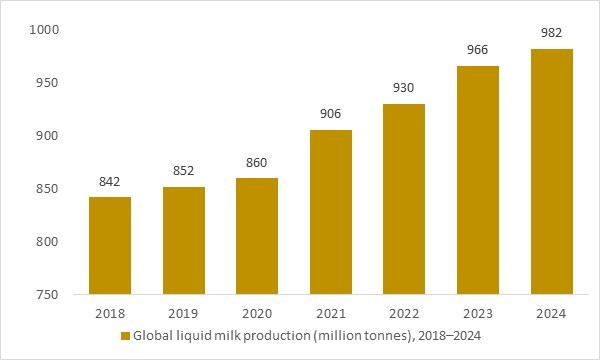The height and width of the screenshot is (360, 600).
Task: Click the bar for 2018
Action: [x=110, y=246]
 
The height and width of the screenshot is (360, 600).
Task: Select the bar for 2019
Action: [x=183, y=241]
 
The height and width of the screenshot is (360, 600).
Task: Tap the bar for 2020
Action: [x=257, y=236]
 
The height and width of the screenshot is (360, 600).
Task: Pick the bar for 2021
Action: [x=331, y=212]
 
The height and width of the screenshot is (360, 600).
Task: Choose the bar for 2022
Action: [x=404, y=199]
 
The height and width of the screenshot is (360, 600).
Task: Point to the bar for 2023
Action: [x=478, y=180]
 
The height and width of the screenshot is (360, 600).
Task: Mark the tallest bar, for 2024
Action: [x=551, y=172]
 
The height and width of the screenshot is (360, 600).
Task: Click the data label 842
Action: [x=110, y=182]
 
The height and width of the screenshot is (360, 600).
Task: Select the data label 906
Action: [x=331, y=115]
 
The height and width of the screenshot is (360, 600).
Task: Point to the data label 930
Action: [x=404, y=89]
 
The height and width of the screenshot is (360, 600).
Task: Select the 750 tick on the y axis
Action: [x=52, y=295]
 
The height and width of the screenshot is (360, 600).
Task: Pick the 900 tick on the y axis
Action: [x=52, y=136]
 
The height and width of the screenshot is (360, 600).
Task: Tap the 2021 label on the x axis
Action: [x=331, y=313]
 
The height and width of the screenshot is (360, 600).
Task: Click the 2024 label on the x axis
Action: [x=551, y=313]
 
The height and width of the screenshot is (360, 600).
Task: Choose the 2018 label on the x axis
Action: [x=110, y=313]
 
